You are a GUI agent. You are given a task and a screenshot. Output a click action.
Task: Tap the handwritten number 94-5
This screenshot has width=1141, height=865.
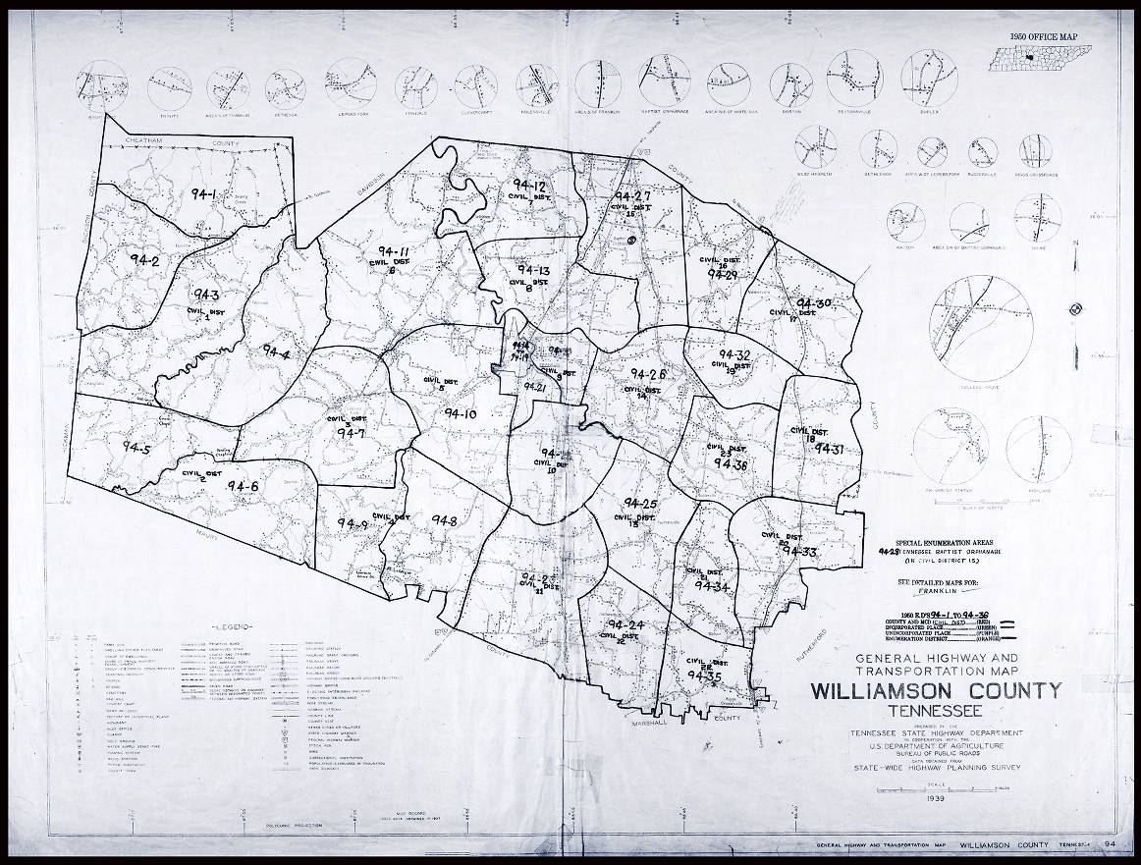(136, 448)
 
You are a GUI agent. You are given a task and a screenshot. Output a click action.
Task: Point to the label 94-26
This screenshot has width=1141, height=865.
(648, 374)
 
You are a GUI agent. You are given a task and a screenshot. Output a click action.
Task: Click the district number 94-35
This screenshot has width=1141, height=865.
(705, 676)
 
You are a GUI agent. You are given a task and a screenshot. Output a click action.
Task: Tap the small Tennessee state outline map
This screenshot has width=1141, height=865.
(1050, 58)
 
